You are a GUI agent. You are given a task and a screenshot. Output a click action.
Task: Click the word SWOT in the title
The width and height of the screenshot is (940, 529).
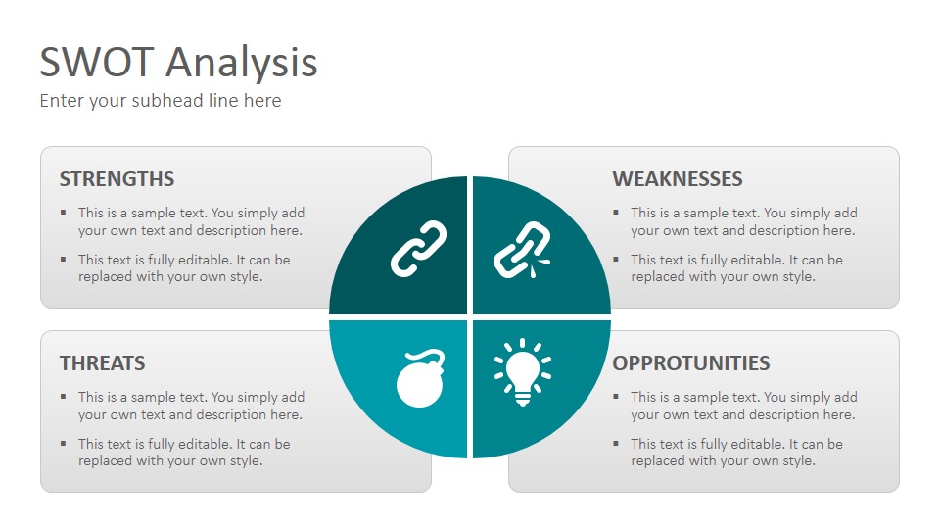tap(97, 62)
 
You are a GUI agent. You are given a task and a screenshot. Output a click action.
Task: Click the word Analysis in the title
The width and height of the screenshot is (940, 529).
tap(242, 65)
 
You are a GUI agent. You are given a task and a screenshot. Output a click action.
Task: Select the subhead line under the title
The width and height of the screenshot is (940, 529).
tap(160, 101)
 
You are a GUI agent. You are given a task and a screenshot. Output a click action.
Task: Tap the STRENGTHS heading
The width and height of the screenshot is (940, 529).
tap(117, 178)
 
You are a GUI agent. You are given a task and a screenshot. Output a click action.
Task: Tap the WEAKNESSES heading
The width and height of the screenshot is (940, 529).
tap(678, 178)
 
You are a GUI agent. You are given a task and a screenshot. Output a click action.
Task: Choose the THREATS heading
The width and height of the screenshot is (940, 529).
tap(103, 362)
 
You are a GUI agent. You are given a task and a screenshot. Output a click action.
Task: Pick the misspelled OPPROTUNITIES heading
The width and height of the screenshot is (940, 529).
tap(691, 362)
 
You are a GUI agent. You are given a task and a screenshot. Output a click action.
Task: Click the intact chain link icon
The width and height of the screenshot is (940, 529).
tap(418, 249)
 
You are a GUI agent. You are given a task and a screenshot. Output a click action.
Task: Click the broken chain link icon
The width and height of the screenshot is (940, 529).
tap(522, 250)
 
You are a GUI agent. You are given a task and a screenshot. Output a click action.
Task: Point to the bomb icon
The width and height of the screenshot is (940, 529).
tap(420, 378)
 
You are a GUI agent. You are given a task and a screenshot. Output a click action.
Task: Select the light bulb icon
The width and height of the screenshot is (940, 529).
tap(523, 371)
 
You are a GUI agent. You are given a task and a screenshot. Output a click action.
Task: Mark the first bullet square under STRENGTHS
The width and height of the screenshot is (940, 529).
tap(64, 212)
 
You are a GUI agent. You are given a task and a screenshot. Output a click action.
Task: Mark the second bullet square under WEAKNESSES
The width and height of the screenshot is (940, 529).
tap(616, 259)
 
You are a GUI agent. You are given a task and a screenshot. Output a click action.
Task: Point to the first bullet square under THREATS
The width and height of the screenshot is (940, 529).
tap(64, 396)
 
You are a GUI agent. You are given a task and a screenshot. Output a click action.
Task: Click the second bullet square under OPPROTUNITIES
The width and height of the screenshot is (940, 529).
tap(616, 443)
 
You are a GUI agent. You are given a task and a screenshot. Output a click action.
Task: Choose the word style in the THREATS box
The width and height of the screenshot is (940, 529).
tap(248, 461)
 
